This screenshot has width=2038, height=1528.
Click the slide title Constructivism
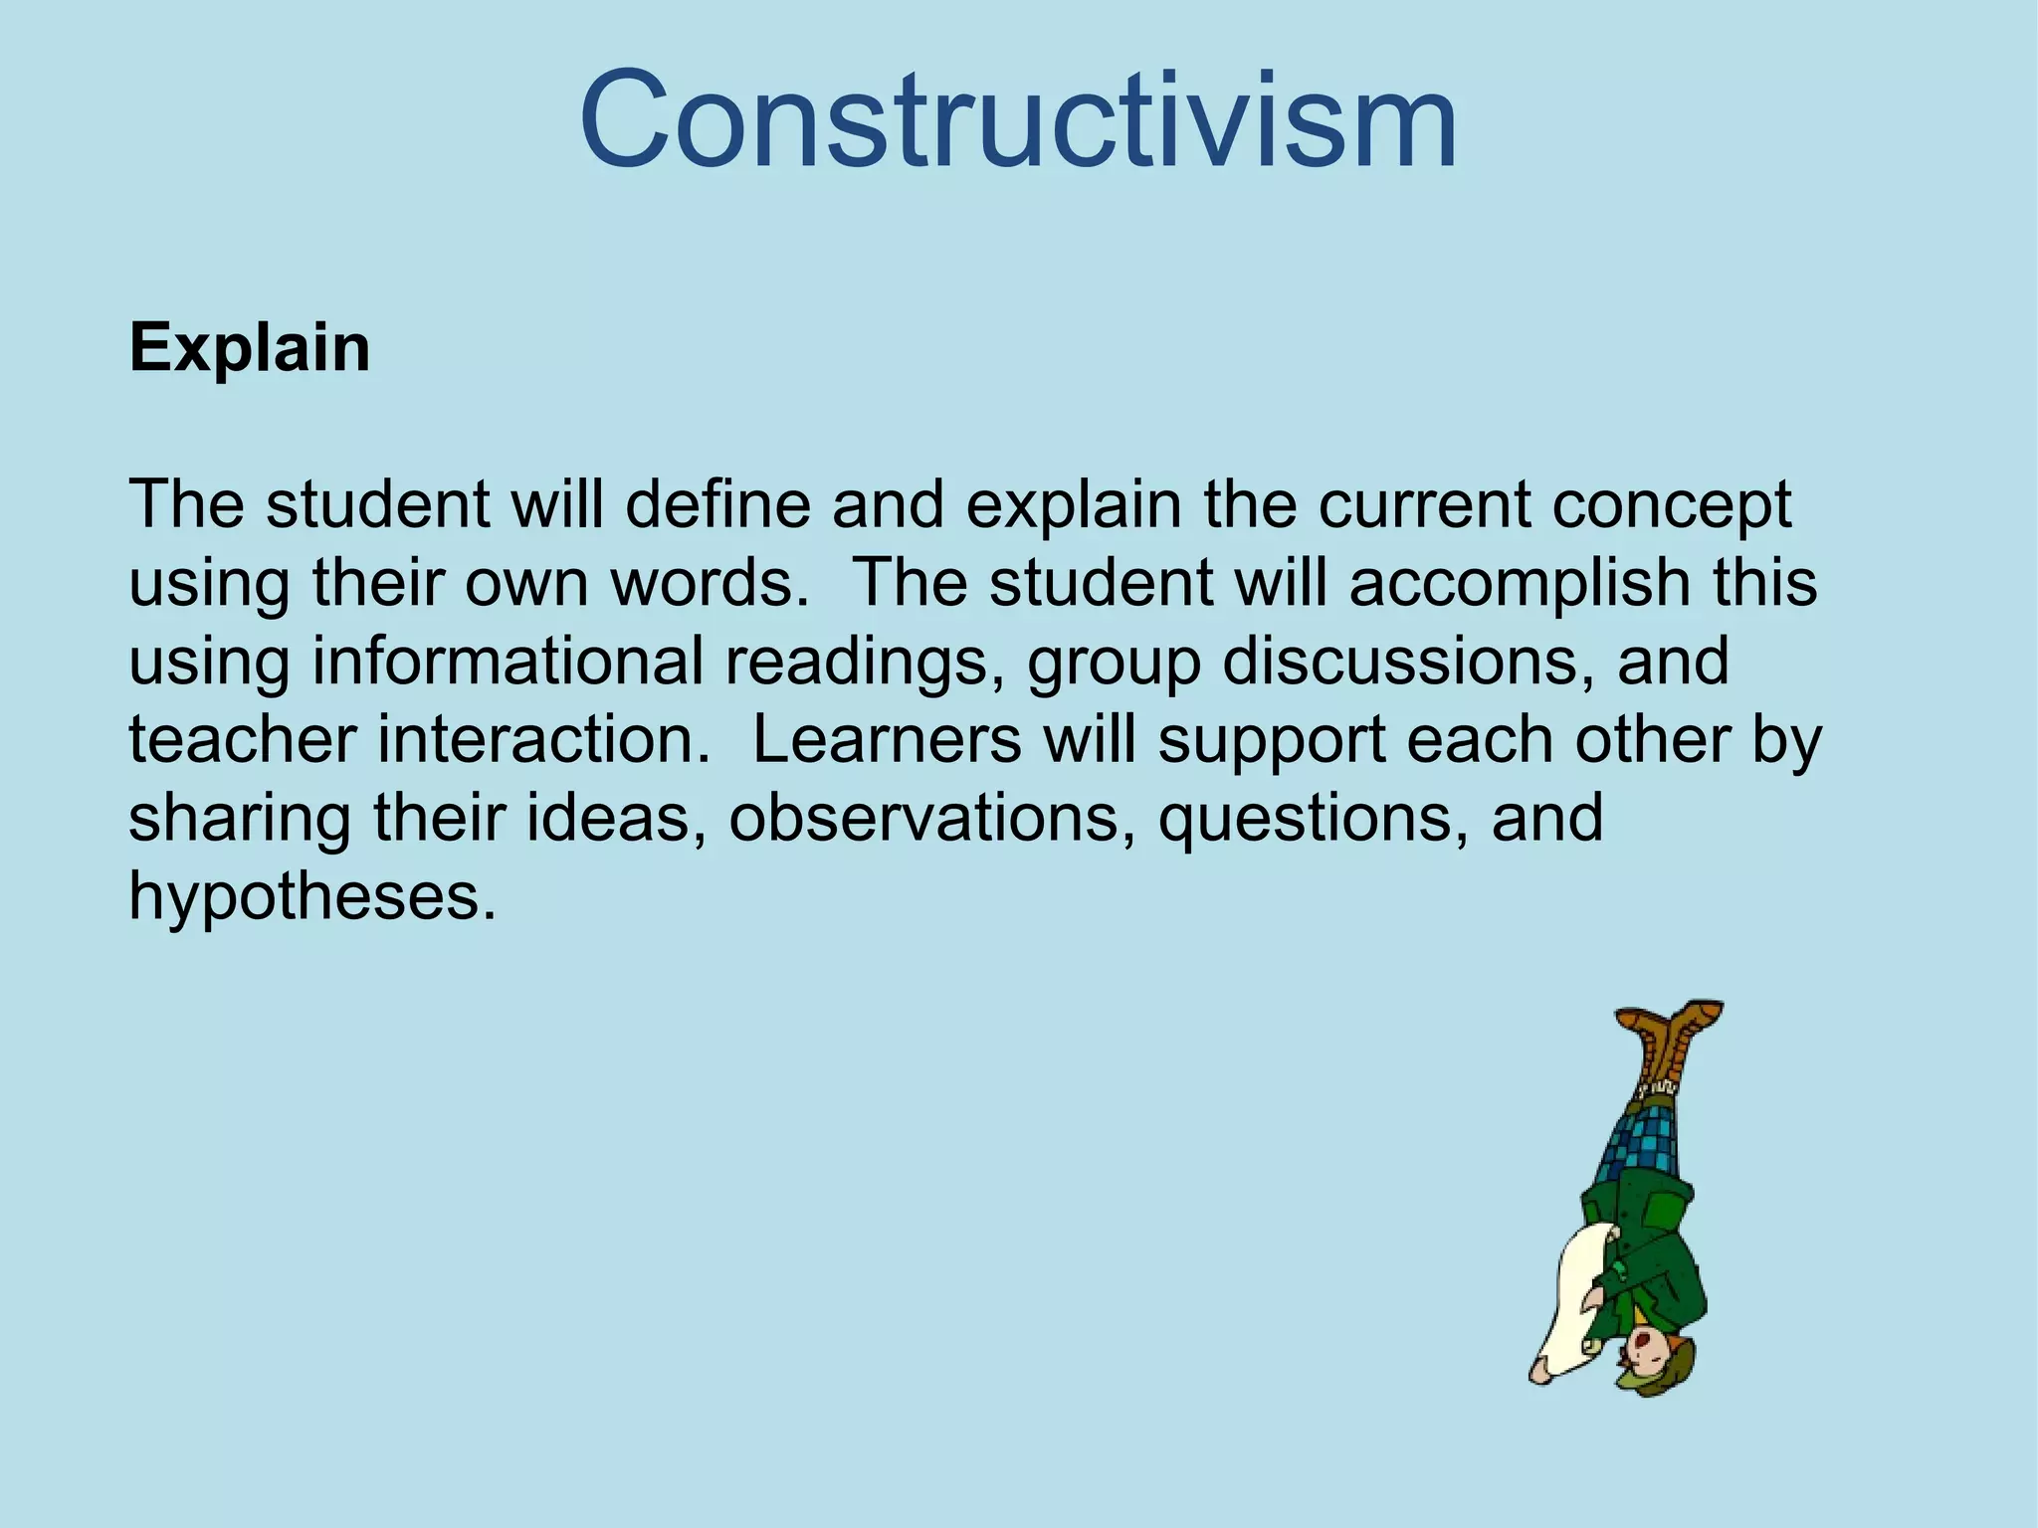1018,121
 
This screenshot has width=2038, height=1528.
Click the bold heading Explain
250,348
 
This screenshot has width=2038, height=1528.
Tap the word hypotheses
311,897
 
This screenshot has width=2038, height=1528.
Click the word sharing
240,820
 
